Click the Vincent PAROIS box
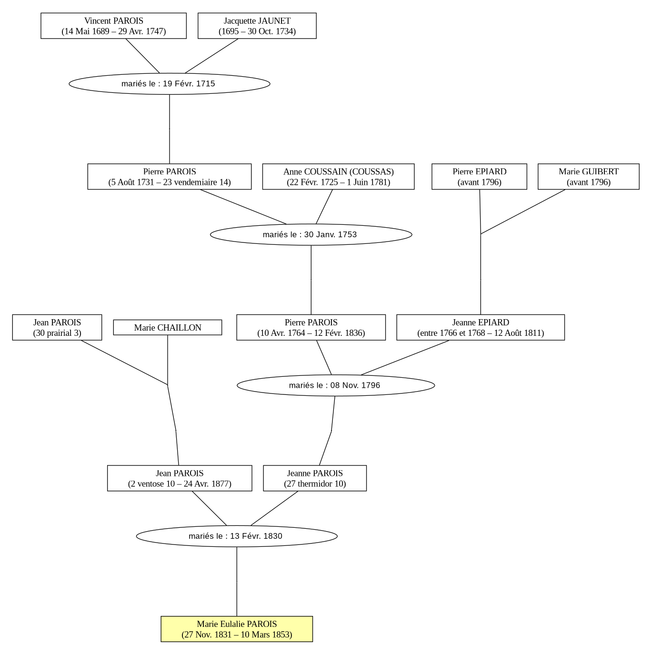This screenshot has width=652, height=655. (x=113, y=26)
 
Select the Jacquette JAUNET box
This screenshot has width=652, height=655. (x=257, y=26)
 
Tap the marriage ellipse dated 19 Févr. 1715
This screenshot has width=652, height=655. (x=170, y=84)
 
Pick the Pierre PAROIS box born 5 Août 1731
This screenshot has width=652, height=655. (x=170, y=177)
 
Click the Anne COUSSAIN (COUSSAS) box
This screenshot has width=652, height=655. (x=338, y=177)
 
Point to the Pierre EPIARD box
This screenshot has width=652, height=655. (x=479, y=177)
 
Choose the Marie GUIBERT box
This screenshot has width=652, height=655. (x=589, y=177)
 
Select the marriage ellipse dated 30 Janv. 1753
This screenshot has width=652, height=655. (x=311, y=234)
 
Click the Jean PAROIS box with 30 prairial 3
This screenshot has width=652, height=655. (x=57, y=327)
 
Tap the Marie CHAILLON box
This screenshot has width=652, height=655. (x=168, y=327)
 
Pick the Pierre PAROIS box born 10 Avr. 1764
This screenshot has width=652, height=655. (x=311, y=327)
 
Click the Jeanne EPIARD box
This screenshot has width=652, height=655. (x=481, y=327)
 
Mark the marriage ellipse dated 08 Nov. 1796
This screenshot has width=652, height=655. (x=336, y=385)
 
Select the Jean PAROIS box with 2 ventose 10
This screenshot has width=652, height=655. (x=180, y=478)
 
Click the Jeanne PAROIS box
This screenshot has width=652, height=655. (x=315, y=478)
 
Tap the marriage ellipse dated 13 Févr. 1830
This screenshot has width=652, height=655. (x=237, y=536)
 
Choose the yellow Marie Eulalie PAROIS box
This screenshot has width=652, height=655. (x=237, y=629)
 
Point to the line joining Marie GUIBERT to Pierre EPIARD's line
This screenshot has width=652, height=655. (x=523, y=212)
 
